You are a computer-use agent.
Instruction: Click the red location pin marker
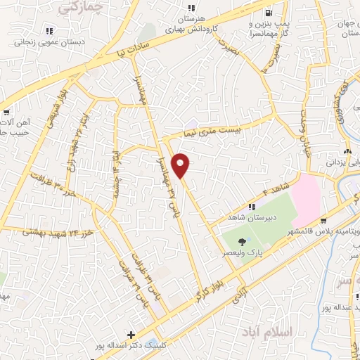(x=181, y=165)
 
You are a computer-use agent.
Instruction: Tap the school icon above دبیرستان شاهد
(x=252, y=206)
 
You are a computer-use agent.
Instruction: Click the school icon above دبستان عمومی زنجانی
(x=49, y=31)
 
